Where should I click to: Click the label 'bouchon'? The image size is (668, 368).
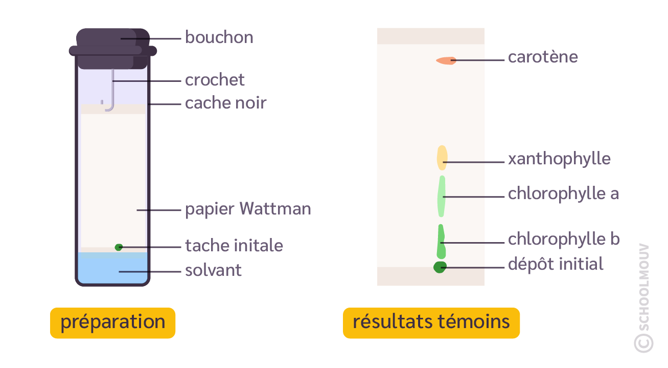point(219,38)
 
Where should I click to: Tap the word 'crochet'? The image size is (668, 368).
point(215,80)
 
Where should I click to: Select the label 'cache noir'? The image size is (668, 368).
point(225,103)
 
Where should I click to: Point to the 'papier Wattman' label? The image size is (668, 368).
point(248,209)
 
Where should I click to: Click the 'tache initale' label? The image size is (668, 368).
point(234,246)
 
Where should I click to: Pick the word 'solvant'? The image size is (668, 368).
point(213,270)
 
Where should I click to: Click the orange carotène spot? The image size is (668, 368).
point(446,60)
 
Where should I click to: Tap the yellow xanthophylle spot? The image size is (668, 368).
point(442,157)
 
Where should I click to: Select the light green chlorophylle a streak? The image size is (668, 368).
point(442,196)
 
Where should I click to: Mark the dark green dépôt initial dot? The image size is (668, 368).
point(440,267)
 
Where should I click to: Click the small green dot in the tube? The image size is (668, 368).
point(119,247)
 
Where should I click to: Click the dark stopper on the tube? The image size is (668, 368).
point(112,49)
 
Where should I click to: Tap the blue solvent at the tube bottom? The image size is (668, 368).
point(112,269)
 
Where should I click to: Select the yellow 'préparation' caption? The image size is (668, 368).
point(112,323)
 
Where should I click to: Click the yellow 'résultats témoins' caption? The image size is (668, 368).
point(431,323)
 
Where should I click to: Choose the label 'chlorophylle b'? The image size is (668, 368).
point(563,240)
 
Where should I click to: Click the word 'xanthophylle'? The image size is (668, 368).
point(559,159)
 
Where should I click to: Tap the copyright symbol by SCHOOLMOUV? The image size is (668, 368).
point(643,343)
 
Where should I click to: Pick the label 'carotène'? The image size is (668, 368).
point(543,57)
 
